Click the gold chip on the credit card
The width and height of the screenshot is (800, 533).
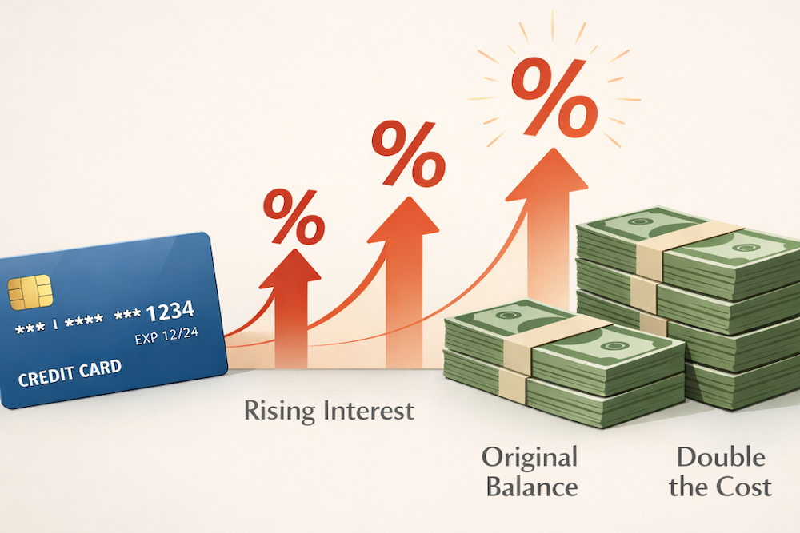point(30,292)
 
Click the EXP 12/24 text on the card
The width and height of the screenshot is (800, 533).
point(164,337)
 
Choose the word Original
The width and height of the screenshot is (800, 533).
point(529,458)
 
